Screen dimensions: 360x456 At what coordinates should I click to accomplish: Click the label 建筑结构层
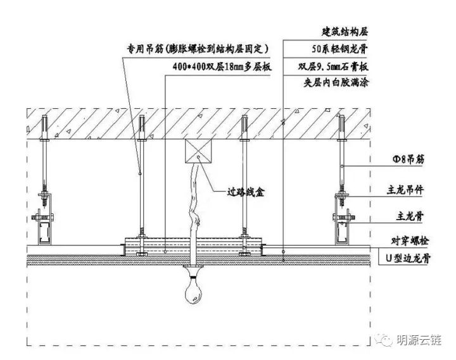click(346, 30)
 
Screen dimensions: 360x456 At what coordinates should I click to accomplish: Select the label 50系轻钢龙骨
click(341, 48)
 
